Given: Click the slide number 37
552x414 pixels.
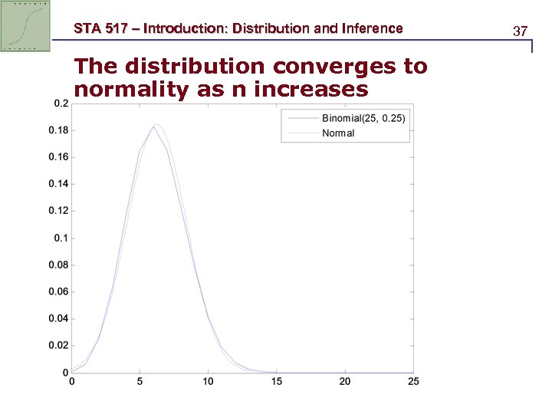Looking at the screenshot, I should point(521,31).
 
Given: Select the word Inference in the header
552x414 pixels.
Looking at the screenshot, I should point(373,29).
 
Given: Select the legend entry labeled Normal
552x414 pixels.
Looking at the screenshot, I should point(338,133).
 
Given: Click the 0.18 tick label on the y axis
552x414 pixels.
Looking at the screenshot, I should point(58,130).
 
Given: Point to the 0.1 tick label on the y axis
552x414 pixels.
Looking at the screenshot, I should point(61,238).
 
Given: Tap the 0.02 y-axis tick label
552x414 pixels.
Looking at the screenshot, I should point(58,346).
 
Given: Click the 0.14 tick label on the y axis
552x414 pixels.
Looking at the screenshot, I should point(58,184).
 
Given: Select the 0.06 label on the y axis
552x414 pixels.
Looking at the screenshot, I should point(58,292).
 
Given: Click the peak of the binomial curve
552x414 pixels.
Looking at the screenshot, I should point(153,127).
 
